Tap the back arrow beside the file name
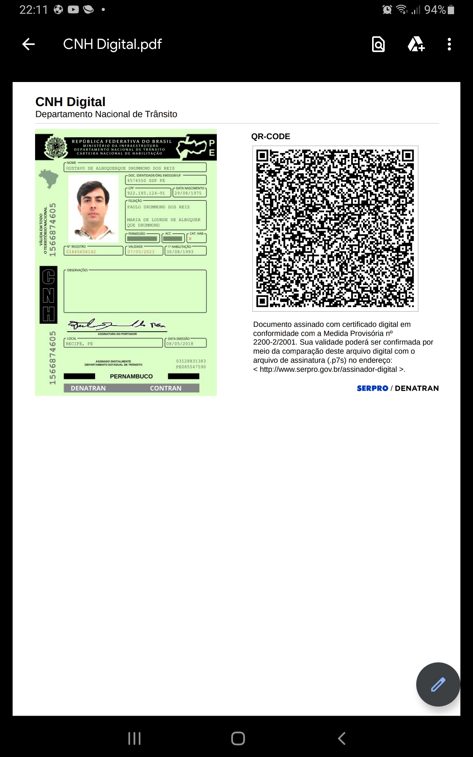point(28,44)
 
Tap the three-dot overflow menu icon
point(449,44)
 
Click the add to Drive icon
point(416,44)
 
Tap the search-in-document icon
point(378,44)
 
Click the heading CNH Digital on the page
point(71,102)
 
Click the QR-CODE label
point(270,136)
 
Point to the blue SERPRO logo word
point(372,388)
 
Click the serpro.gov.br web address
point(328,369)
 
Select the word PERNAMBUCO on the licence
point(131,377)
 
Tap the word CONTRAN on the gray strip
point(166,388)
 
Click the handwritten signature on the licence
point(117,324)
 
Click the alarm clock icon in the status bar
point(387,9)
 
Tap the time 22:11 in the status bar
point(34,9)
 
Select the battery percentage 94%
point(435,9)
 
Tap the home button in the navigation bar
point(238,738)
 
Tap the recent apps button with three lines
point(134,738)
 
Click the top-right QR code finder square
point(407,156)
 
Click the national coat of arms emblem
point(56,147)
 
